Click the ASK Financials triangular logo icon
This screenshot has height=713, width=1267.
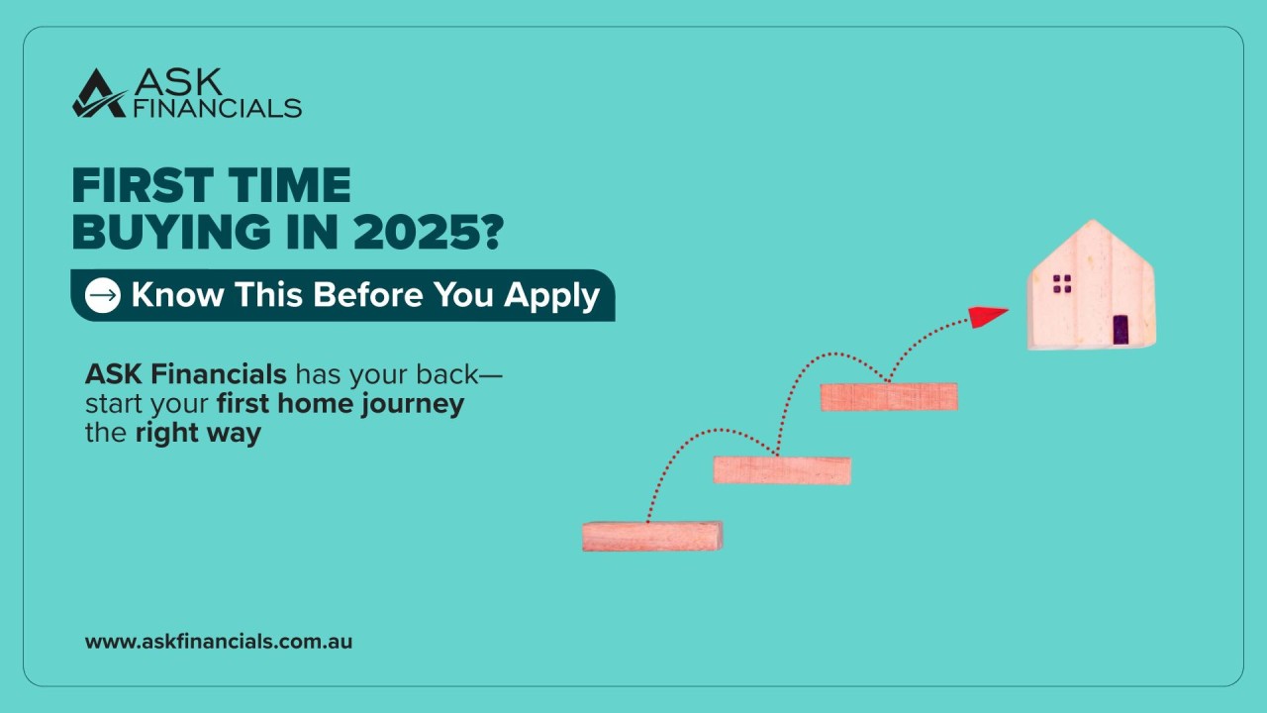[x=99, y=93]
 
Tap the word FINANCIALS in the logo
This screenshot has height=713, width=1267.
[x=217, y=108]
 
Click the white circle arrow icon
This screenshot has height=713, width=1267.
[x=103, y=295]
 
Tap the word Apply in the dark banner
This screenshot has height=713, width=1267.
[x=551, y=296]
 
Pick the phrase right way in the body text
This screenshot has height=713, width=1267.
[x=198, y=434]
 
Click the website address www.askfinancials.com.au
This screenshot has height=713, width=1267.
[x=219, y=641]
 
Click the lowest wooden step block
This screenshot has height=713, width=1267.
[x=652, y=536]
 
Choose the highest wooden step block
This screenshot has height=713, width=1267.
[x=889, y=396]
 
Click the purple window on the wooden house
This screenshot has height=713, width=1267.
[x=1062, y=284]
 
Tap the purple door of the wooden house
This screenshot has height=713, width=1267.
[x=1121, y=328]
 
